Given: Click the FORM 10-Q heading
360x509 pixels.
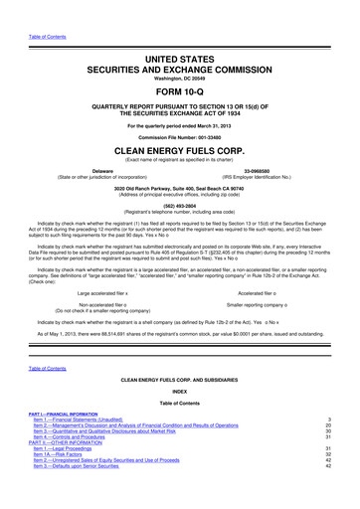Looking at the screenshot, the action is click(x=179, y=89).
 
